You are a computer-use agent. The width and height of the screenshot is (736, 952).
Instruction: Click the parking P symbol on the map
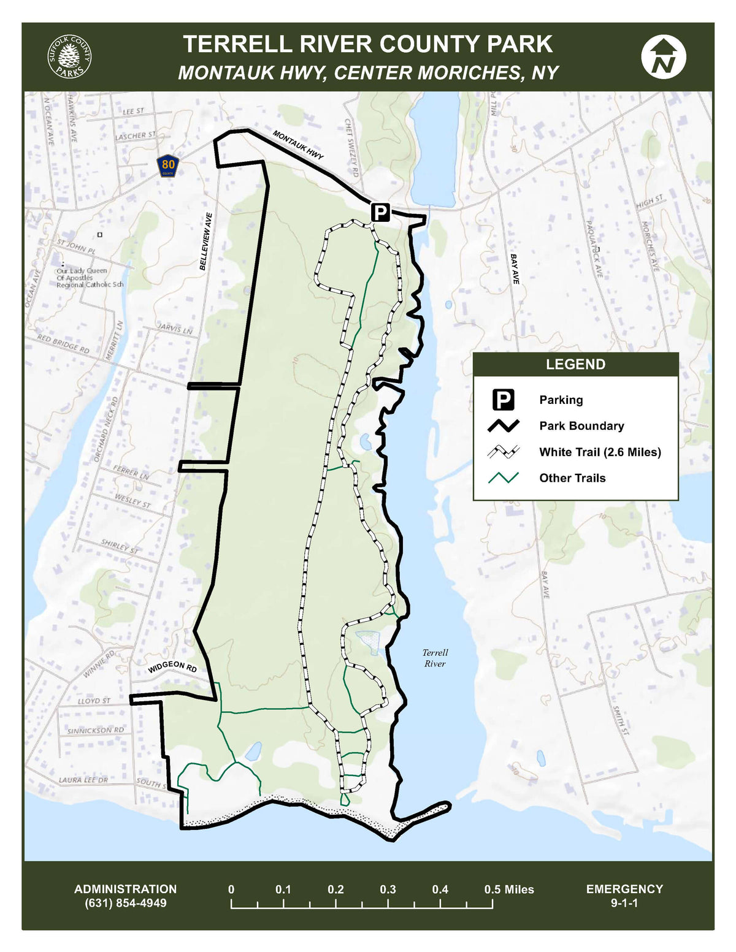coord(380,213)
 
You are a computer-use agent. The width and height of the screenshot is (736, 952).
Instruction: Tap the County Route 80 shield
coord(168,165)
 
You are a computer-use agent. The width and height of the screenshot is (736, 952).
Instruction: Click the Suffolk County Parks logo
coord(69,56)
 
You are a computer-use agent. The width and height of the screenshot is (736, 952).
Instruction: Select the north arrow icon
coord(663,56)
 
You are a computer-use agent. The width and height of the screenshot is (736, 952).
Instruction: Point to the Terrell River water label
coord(435,658)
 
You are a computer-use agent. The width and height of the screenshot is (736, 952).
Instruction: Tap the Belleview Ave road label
coord(205,242)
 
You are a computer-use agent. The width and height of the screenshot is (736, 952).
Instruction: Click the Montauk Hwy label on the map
coord(297,145)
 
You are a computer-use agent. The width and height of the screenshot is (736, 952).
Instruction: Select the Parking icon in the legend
coord(503,400)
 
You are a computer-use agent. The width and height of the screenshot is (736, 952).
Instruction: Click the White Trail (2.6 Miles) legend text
coord(599,452)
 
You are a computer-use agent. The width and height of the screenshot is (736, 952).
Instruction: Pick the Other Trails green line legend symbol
coord(503,478)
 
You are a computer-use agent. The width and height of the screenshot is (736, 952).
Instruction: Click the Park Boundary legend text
coord(581,426)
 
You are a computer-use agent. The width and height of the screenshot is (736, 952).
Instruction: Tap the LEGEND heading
coord(575,365)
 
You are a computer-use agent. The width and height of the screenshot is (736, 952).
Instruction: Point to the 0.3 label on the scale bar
coord(388,889)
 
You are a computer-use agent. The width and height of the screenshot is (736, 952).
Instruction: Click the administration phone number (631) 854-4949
coord(125,903)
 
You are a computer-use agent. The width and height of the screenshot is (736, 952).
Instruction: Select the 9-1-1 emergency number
coord(624,903)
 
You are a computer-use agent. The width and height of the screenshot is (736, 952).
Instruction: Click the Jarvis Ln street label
coord(175,329)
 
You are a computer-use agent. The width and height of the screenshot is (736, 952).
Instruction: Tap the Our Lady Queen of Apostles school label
coord(90,278)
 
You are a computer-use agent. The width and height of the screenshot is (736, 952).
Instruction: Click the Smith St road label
coord(621,720)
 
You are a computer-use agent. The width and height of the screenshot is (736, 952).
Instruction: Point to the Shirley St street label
coord(120,546)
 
